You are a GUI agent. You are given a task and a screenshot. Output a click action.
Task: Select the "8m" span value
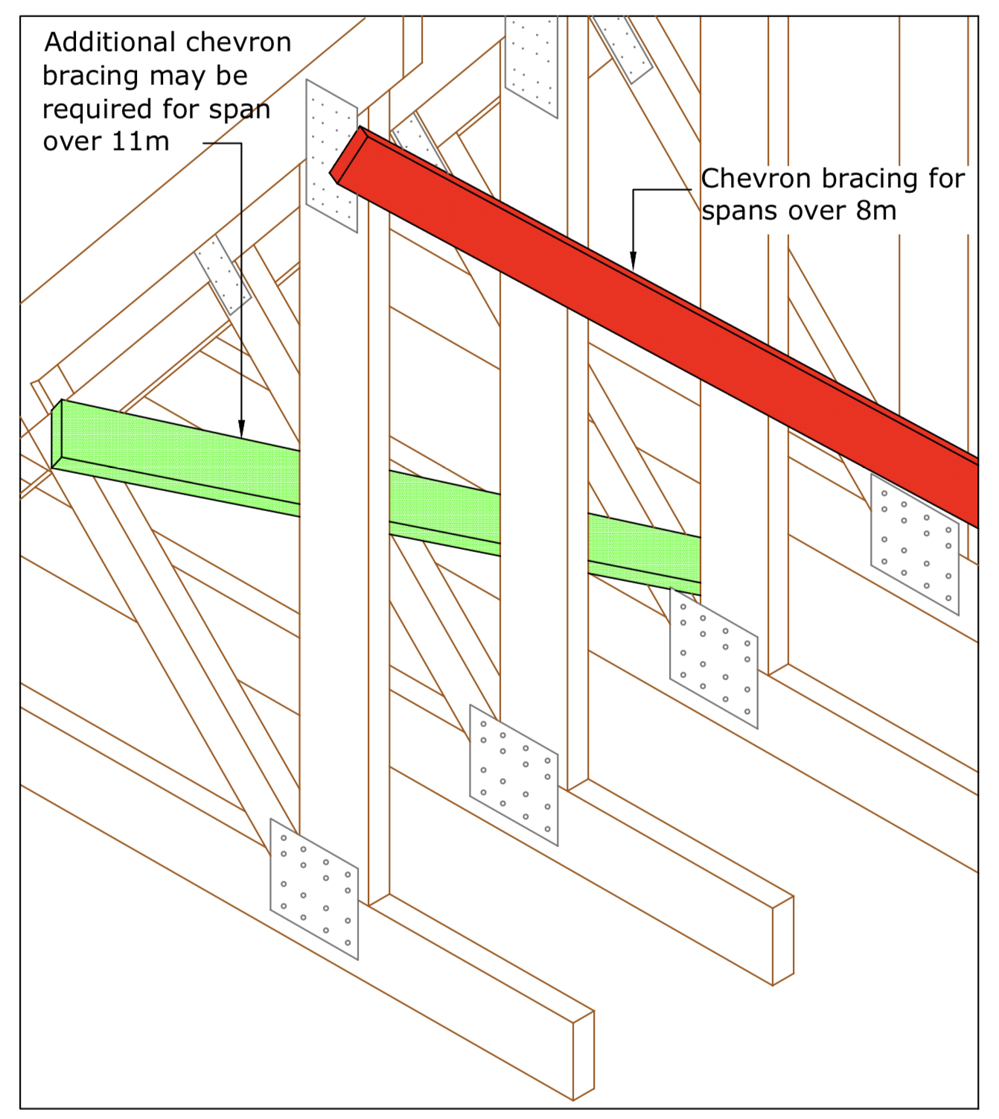[x=876, y=211]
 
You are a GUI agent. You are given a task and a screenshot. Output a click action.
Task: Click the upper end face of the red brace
[x=347, y=154]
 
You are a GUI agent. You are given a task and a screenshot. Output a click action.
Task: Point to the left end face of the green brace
[x=57, y=435]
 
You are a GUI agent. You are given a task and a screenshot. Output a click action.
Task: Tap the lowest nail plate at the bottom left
[x=313, y=889]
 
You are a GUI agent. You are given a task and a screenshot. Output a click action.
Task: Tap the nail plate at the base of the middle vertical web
[x=513, y=775]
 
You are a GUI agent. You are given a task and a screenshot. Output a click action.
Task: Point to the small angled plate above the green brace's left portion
[x=223, y=275]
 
